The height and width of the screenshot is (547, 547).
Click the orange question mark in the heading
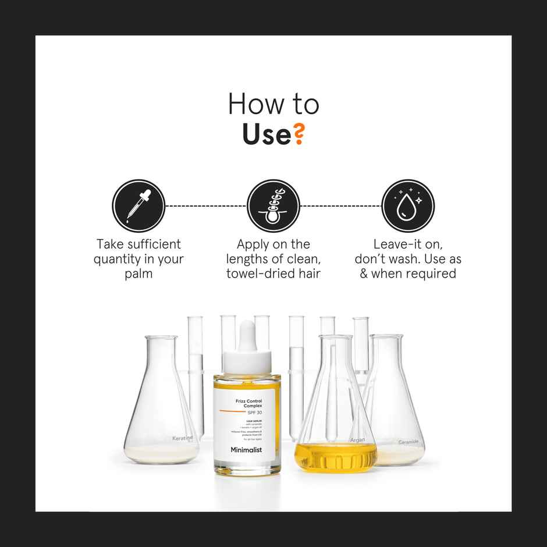pos(297,134)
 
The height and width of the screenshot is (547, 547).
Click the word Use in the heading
pos(266,134)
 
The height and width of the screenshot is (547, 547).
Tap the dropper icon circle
pos(138,206)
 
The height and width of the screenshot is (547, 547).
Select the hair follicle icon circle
pos(273,206)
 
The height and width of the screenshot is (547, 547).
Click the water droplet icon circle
pos(408,206)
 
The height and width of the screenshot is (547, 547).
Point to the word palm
pos(138,273)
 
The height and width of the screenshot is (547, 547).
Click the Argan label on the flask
pos(357,440)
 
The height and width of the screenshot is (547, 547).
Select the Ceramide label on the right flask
pos(408,442)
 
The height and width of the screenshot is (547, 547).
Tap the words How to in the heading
pos(273,104)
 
